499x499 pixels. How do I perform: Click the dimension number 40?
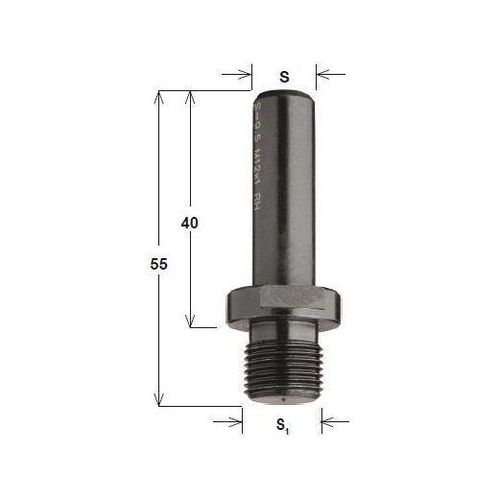pyautogui.click(x=189, y=223)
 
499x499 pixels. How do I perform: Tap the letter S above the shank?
pyautogui.click(x=284, y=74)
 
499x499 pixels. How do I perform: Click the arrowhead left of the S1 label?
pyautogui.click(x=237, y=419)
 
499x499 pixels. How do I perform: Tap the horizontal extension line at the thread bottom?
pyautogui.click(x=202, y=406)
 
